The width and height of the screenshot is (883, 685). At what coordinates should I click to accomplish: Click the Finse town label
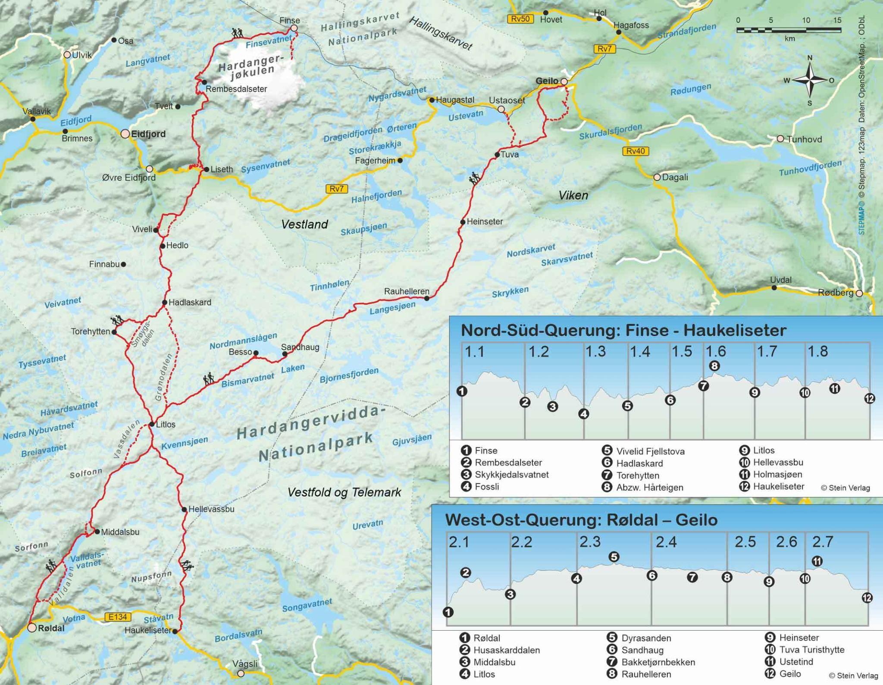[289, 20]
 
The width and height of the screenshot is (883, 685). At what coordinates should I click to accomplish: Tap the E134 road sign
[117, 617]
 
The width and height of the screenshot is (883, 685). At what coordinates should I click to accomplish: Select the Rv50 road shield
[520, 19]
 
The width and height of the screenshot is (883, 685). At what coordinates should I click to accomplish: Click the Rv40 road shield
[636, 151]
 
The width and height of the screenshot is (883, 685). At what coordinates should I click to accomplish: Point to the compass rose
[809, 80]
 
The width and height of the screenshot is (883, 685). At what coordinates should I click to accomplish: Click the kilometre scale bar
[789, 30]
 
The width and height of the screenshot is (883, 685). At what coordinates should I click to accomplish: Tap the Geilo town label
[547, 81]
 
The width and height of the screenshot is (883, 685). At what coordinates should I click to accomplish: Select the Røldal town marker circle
[32, 628]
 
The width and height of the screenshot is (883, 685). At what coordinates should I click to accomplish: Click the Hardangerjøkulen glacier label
[250, 69]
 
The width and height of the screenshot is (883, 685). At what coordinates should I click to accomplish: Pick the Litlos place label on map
[166, 424]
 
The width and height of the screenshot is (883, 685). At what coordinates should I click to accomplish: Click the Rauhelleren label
[407, 291]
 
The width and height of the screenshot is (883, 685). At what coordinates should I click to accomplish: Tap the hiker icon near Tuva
[475, 178]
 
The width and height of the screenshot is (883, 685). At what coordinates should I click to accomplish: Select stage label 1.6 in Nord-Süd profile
[716, 352]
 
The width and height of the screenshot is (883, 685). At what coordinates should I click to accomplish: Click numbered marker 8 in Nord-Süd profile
[714, 366]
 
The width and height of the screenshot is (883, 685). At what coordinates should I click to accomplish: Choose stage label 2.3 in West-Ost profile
[589, 542]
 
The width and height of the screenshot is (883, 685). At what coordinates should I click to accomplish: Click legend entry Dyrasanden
[646, 638]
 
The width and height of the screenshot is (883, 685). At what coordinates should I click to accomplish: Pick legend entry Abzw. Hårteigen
[649, 488]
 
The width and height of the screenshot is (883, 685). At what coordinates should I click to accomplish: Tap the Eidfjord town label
[148, 134]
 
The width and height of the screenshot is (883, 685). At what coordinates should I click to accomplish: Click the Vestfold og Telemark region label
[344, 492]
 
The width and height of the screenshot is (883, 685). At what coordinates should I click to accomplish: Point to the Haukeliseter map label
[148, 630]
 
